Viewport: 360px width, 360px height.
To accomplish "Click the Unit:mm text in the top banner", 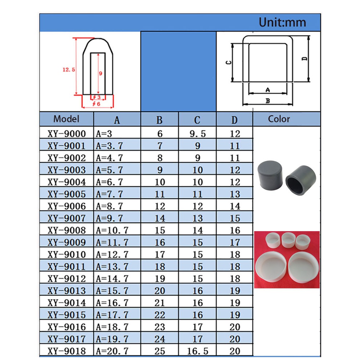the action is pos(282,22).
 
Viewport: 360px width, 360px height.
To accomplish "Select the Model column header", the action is pos(66,119).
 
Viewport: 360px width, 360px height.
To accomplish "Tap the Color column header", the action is pos(279,119).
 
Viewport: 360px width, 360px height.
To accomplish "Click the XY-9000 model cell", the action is pos(67,134).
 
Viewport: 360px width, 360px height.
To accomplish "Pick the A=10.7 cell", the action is pos(112,230).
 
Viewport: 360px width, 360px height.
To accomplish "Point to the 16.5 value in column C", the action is pos(197,351).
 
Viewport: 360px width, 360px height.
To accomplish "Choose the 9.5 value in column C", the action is pos(197,134).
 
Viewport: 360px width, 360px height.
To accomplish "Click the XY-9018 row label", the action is pos(67,351).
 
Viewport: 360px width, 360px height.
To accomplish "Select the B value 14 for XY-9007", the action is pos(160,218).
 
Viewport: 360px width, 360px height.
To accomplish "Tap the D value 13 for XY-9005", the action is pos(235,194).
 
